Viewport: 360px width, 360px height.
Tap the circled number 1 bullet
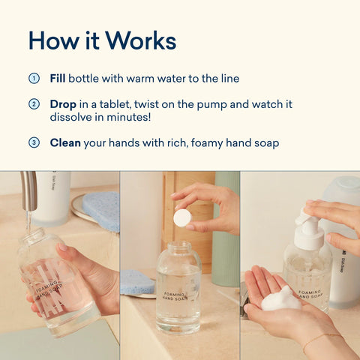[33, 78]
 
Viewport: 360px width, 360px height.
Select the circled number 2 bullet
[33, 104]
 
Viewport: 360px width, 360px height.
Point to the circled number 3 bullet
[33, 142]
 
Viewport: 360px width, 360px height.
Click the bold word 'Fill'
[58, 78]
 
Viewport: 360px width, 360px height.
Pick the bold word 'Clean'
[66, 142]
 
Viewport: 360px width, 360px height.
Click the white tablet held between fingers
[181, 217]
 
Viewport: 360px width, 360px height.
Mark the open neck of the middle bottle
[178, 246]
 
